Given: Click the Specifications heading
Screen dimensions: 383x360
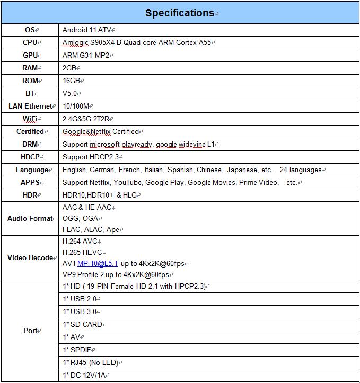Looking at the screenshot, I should pyautogui.click(x=179, y=13).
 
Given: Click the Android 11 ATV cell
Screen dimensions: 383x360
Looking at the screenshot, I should pyautogui.click(x=87, y=30).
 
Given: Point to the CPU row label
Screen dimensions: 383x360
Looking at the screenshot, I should pyautogui.click(x=30, y=43).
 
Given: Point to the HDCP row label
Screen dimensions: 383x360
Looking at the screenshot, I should pyautogui.click(x=30, y=157).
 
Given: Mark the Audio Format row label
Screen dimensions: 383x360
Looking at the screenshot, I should pyautogui.click(x=30, y=218).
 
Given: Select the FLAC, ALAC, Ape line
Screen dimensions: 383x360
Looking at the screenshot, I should pyautogui.click(x=91, y=230).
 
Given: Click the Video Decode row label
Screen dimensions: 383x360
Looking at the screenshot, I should pyautogui.click(x=30, y=258).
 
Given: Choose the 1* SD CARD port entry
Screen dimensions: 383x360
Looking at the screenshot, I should pyautogui.click(x=83, y=324).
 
